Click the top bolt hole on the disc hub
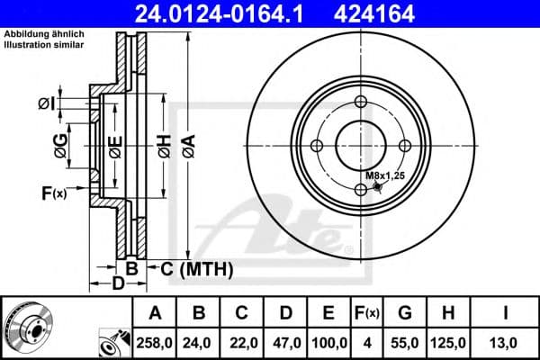[361, 102]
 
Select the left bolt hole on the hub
[318, 146]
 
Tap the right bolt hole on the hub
[405, 146]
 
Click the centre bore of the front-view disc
[361, 146]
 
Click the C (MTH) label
[197, 269]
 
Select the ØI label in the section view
[47, 104]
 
